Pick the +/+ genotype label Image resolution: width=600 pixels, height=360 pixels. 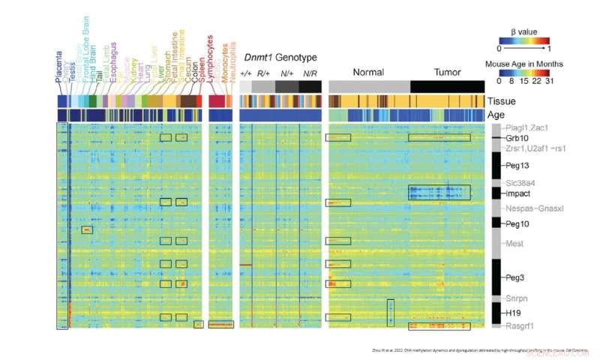pos(245,74)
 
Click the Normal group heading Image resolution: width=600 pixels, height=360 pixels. pos(367,73)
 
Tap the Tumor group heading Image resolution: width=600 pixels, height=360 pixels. pos(448,73)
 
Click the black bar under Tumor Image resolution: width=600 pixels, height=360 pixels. pos(448,86)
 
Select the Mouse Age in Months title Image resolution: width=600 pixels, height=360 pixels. pos(523,64)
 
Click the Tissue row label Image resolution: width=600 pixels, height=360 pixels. pos(501,101)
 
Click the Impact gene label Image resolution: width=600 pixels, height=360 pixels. pos(517,193)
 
